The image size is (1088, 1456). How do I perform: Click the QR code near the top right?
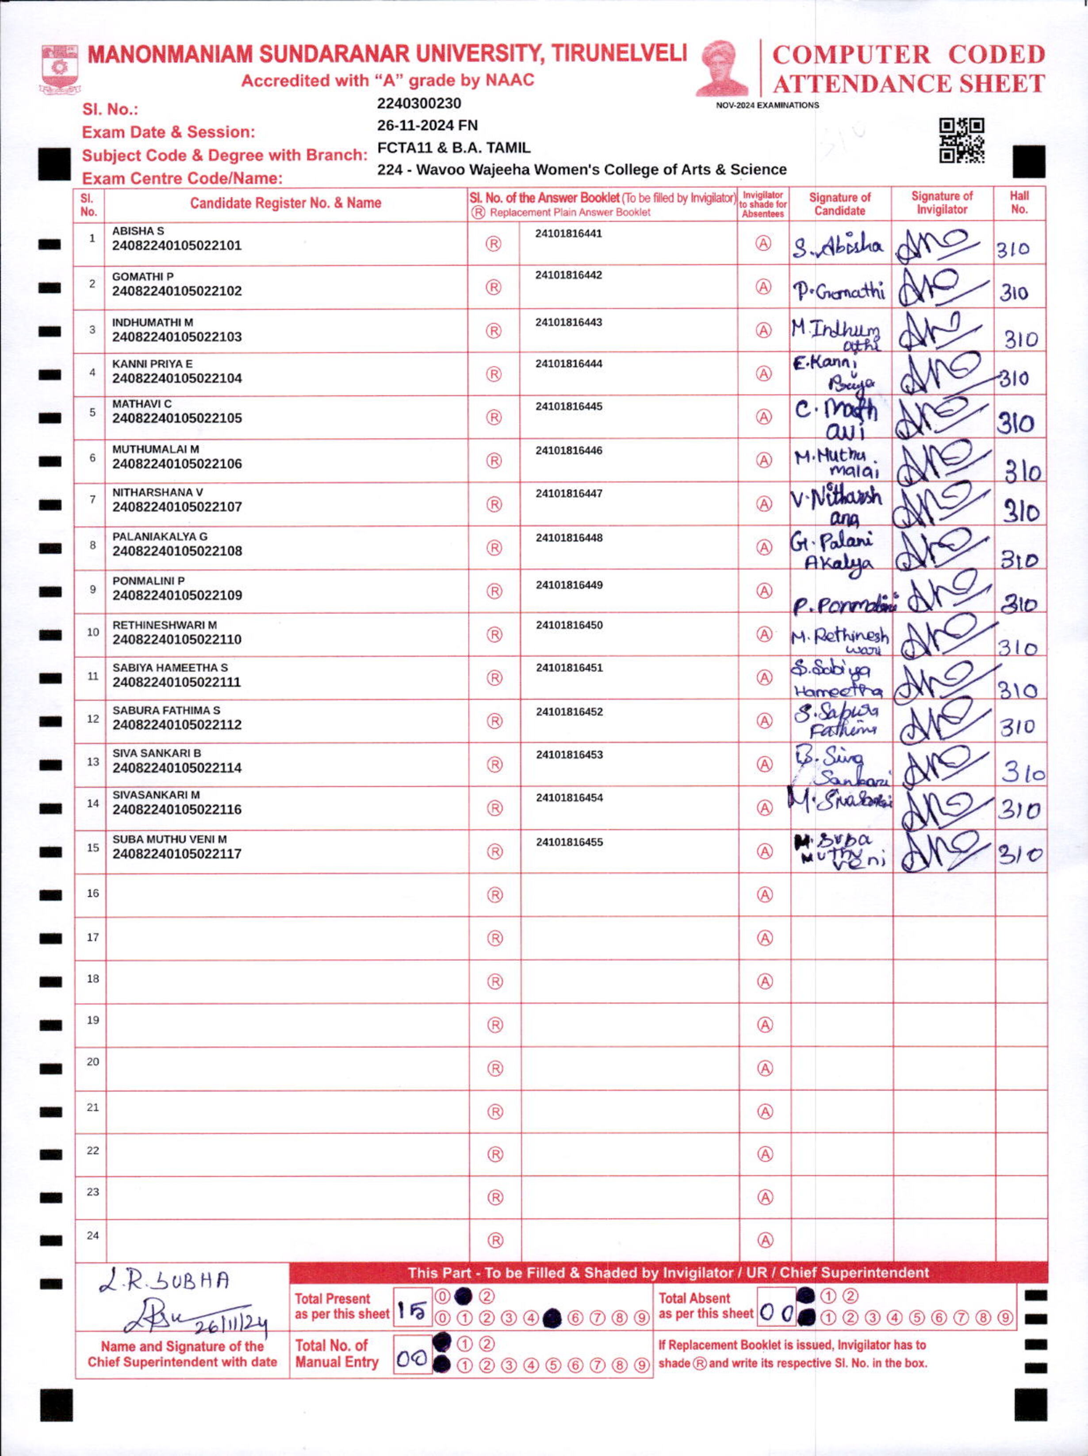coord(961,140)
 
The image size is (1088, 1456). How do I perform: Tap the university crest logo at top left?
coord(60,69)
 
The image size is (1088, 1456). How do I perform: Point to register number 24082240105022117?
coord(176,854)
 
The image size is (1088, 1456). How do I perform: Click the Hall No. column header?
coord(1019,203)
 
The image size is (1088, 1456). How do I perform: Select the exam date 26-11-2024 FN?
coord(427,126)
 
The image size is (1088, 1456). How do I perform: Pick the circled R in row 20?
coord(495,1068)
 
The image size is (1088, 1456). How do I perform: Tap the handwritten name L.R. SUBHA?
coord(165,1280)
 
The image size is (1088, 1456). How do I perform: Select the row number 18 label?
coord(93,979)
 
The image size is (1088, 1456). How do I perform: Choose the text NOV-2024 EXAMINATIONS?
coord(767,105)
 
